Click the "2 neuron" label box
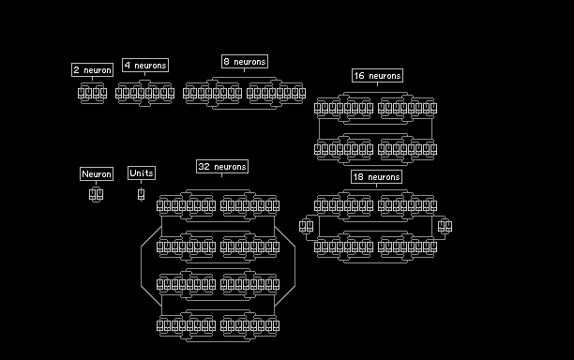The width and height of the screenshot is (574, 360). (92, 70)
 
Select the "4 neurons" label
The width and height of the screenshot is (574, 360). (145, 65)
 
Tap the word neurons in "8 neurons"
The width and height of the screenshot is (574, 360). (249, 62)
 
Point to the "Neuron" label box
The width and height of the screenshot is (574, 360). (97, 173)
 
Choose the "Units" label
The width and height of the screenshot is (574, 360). (142, 173)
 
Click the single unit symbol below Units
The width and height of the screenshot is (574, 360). (141, 194)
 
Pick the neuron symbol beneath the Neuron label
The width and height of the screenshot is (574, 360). (96, 194)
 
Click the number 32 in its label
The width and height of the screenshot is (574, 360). (204, 167)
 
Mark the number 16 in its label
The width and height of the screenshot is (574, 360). (359, 75)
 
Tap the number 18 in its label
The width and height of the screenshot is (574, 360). (358, 176)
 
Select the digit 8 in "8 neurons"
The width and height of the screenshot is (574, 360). (226, 62)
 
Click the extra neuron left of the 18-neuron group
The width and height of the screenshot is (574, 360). (306, 226)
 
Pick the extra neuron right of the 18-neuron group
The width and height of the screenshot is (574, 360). (445, 226)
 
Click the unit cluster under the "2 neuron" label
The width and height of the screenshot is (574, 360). (92, 94)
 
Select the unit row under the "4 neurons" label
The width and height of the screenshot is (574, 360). (145, 94)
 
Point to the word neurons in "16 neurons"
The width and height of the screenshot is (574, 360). (385, 76)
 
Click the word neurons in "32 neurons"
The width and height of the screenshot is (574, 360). (230, 167)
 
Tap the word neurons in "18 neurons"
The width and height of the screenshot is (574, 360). (384, 177)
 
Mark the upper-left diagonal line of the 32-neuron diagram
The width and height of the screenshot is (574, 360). (151, 236)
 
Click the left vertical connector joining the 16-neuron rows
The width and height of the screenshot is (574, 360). (319, 128)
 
